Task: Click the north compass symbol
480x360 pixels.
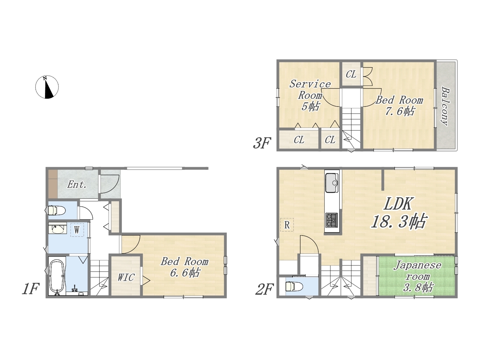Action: coord(47,87)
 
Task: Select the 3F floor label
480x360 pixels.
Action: coord(262,143)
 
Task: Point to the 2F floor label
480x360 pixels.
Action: coord(264,289)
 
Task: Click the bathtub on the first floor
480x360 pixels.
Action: coord(57,276)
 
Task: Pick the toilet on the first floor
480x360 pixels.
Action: coord(55,211)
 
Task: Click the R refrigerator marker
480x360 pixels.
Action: coord(287,225)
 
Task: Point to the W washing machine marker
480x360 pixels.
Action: coord(77,230)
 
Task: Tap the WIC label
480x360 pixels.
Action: coord(126,277)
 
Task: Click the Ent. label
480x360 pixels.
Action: coord(77,185)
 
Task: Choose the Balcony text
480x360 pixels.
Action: coord(445,106)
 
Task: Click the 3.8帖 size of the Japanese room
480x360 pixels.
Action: coord(418,287)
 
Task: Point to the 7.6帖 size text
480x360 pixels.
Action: coord(399,111)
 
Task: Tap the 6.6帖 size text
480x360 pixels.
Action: coord(185,273)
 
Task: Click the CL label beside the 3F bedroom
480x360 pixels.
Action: coord(351,74)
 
